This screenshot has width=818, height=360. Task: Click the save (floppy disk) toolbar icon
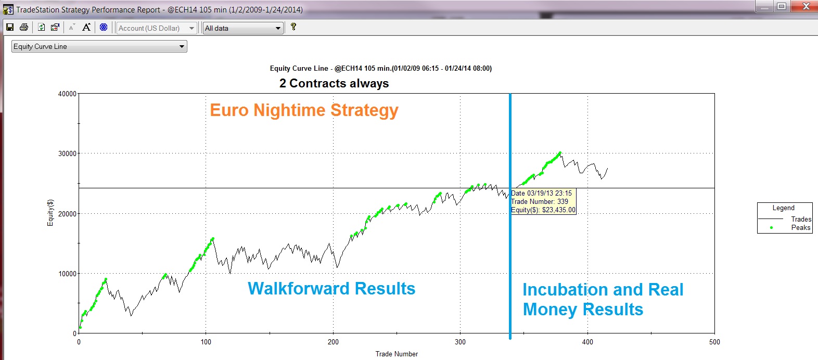coord(10,28)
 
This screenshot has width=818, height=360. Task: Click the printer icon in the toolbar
coord(24,28)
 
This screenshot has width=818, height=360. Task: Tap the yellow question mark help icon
coord(293,27)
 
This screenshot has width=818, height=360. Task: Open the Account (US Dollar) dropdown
coord(157,28)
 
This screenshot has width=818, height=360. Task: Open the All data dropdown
coord(243,28)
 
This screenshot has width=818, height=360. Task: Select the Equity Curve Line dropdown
coord(99,46)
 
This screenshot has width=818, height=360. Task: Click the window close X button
coord(806,6)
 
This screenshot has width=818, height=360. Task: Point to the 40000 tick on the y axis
coord(67,94)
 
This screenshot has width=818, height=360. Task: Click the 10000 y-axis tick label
coord(67,274)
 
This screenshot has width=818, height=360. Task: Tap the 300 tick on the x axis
coord(460,342)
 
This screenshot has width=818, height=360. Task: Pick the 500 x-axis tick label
coord(714,342)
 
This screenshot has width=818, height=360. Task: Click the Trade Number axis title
coord(397,354)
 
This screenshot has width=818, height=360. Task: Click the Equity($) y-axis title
coord(50,213)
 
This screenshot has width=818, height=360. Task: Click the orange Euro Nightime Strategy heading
coord(304,110)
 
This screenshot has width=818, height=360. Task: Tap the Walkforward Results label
coord(331,288)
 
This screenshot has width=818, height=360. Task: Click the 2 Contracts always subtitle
coord(334,83)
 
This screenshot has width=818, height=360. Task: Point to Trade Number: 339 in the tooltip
coord(540,201)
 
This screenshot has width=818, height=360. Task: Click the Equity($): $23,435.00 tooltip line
coord(543,210)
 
